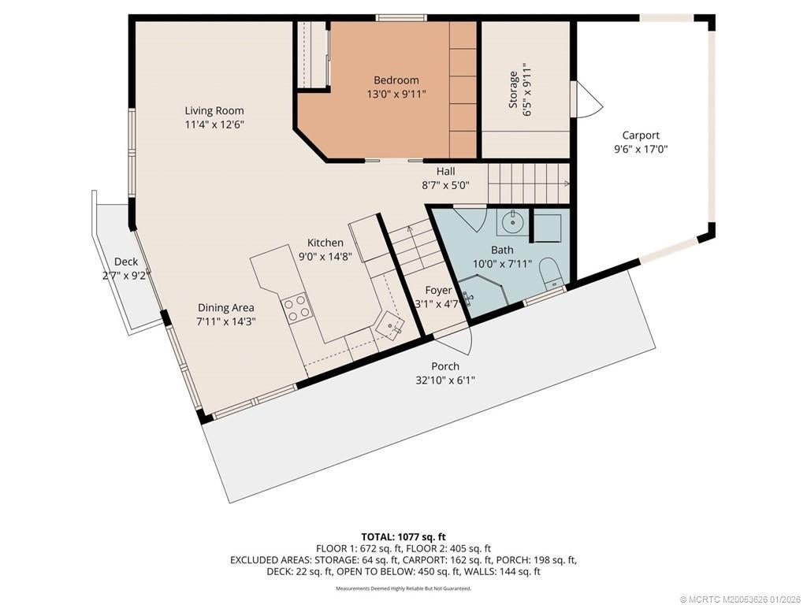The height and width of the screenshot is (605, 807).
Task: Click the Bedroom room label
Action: pos(396,80)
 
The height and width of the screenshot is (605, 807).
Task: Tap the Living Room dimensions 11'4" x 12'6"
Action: pos(214,124)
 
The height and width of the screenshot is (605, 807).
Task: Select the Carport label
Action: pos(641,135)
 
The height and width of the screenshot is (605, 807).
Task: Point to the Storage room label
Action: pos(513,90)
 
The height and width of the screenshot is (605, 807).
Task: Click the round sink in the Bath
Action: pos(511,223)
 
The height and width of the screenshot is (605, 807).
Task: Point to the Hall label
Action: pos(446,171)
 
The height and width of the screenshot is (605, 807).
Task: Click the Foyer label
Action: pos(438,291)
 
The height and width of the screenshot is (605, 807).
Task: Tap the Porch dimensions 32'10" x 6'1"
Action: pos(445,380)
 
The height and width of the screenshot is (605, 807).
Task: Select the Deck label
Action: pos(126,262)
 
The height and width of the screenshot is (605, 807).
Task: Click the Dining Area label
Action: pos(226,308)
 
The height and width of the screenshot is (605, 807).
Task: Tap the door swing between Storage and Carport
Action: pos(586,99)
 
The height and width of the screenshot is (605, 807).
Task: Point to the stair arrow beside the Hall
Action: pos(529,183)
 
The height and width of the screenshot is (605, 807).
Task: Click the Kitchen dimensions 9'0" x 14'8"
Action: pos(325,256)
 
